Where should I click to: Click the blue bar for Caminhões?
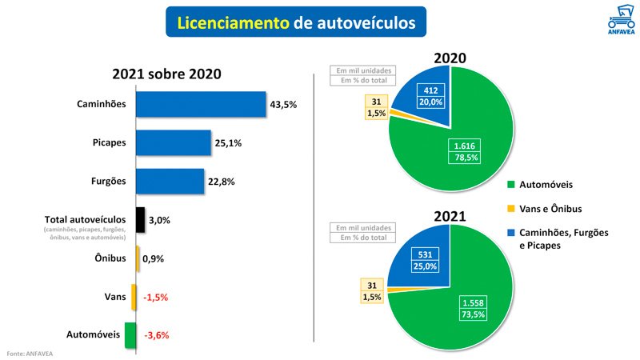(201, 105)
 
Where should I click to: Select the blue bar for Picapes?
(174, 143)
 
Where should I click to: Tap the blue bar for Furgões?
(170, 182)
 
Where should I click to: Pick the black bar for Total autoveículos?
(140, 220)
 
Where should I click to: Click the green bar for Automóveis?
(130, 335)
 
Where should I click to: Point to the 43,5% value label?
(284, 105)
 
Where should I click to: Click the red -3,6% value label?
(156, 335)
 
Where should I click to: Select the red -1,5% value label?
(156, 297)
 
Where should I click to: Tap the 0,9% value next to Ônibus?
(153, 258)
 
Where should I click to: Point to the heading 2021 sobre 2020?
(166, 74)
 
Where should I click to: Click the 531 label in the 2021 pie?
(426, 254)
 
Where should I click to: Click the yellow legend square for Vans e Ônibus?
(510, 209)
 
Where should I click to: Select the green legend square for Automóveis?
(510, 185)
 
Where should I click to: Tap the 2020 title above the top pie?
(450, 58)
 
